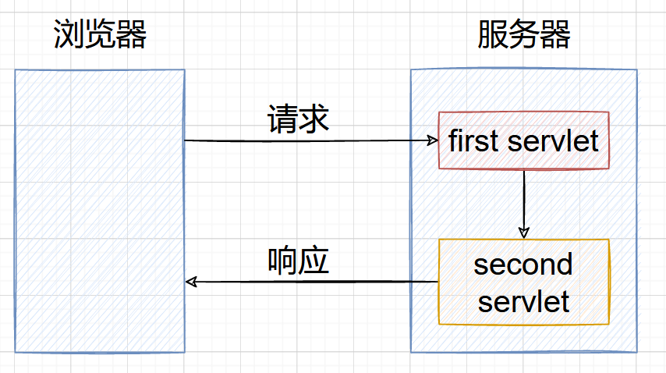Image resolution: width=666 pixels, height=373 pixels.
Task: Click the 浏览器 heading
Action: [x=100, y=34]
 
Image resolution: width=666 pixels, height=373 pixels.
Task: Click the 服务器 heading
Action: [x=524, y=34]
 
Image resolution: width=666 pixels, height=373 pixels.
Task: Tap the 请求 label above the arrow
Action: [x=298, y=119]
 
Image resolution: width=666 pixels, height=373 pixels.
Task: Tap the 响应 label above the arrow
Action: [x=298, y=260]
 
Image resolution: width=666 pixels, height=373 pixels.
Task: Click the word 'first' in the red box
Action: [x=473, y=140]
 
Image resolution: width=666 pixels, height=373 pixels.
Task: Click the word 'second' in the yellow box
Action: [x=523, y=264]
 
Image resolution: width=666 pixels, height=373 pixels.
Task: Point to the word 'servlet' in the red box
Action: [x=553, y=140]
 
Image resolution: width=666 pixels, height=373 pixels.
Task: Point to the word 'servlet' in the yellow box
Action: [x=524, y=301]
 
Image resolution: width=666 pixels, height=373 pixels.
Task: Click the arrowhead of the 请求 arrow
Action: [x=433, y=140]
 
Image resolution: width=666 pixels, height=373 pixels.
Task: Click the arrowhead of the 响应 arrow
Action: [x=191, y=282]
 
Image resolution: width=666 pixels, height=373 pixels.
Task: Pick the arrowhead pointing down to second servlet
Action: [x=524, y=233]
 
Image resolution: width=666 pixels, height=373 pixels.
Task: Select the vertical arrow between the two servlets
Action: [x=524, y=204]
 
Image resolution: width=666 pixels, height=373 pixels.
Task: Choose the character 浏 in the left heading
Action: [x=69, y=34]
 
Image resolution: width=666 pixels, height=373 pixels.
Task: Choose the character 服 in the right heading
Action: [x=493, y=34]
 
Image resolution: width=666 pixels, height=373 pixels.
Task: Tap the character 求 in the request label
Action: [x=314, y=119]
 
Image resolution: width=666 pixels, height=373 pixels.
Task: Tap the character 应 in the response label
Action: [x=314, y=260]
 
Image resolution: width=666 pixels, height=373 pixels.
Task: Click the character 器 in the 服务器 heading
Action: [x=555, y=34]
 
